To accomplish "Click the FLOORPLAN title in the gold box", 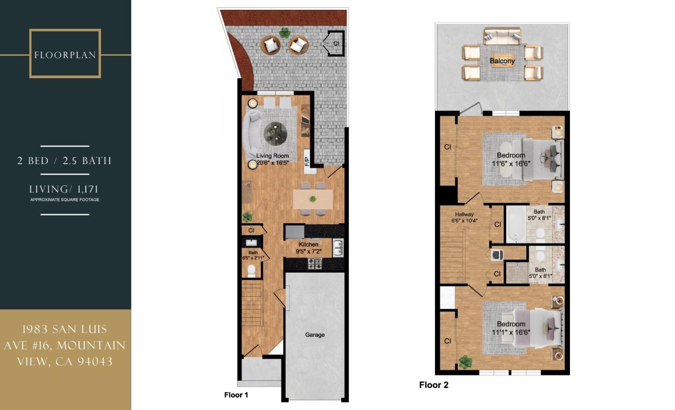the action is coord(65,55).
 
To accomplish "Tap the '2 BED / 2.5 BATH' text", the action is coord(65,161).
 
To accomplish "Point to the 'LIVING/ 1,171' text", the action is coord(64,190).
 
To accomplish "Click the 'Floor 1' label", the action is coord(236,395).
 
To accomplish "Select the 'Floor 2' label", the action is coord(434,385).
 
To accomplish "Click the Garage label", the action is coord(315,334).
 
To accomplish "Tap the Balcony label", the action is coord(502,61).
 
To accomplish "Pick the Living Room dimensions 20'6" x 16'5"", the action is coord(273,163).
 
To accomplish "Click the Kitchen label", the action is coord(308,244).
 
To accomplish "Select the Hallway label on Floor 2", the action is coord(464,214).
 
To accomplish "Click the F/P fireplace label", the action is coord(307,162).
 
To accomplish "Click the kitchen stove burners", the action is coord(315,264).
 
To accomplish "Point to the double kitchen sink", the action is coord(338,248).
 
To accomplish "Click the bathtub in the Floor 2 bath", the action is coord(516,224).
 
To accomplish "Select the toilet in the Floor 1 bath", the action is coord(251,270).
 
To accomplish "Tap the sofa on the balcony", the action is coord(502,36).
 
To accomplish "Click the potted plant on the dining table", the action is coord(313,199).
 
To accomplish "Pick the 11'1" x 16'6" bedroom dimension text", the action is coord(511,333).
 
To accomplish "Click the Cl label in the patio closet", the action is coord(336,44).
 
